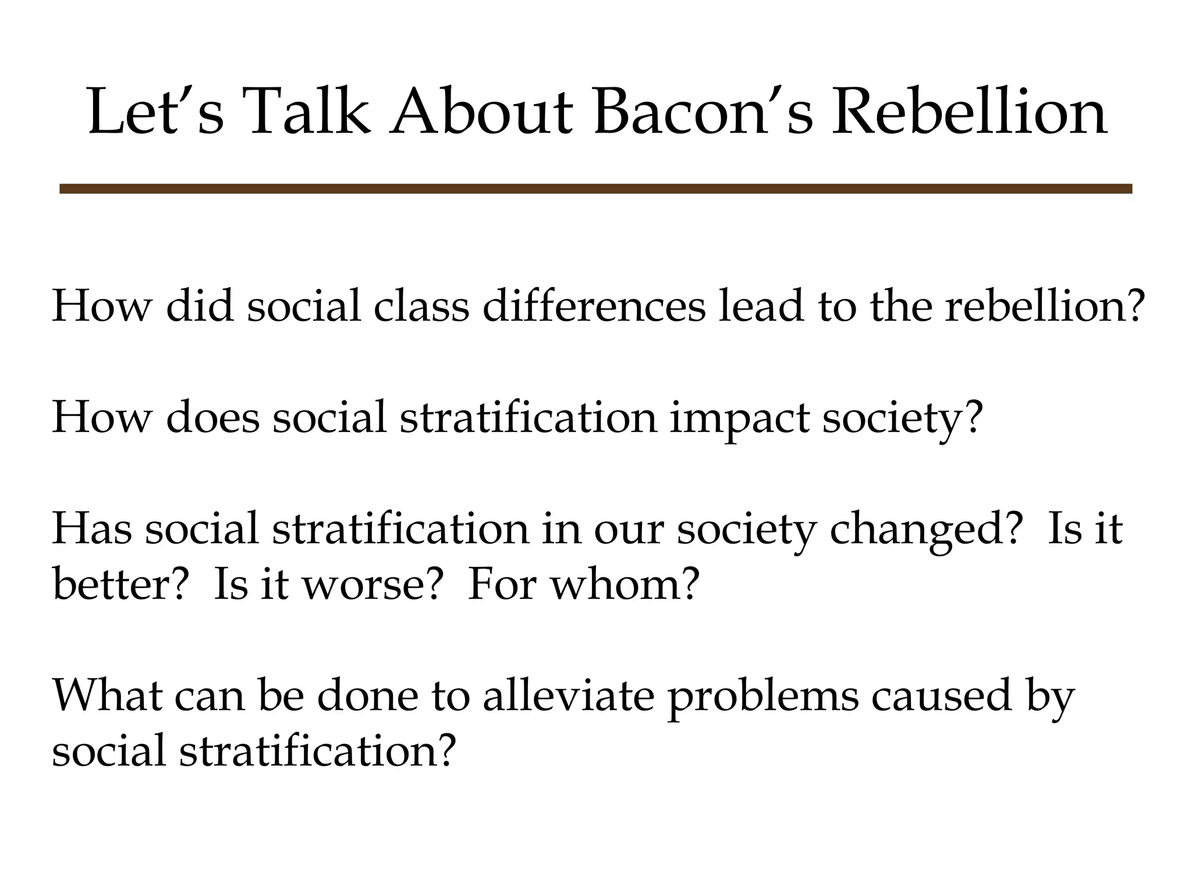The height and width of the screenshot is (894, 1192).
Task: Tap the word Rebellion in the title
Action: tap(969, 112)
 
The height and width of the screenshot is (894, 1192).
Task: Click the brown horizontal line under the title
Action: tap(595, 189)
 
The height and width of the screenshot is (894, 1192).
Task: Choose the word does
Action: tap(212, 417)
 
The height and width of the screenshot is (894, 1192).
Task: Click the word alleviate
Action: tap(569, 696)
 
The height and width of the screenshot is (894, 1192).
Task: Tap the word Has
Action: tap(92, 528)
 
